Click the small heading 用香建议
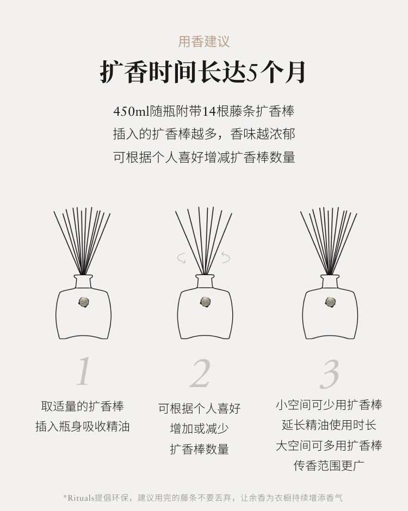click(204, 42)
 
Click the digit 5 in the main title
click(251, 72)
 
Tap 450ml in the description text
click(131, 111)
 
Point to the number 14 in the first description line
click(209, 111)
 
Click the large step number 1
click(83, 371)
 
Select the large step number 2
click(200, 373)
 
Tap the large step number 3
click(330, 374)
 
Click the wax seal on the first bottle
click(84, 302)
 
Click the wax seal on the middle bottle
click(206, 302)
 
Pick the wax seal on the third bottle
click(330, 302)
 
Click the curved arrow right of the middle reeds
click(226, 257)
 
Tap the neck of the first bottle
click(83, 282)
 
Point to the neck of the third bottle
click(330, 282)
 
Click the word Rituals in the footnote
click(81, 497)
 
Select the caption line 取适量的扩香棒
click(83, 406)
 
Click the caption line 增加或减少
click(199, 428)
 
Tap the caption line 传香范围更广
click(329, 465)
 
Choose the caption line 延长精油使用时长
click(329, 425)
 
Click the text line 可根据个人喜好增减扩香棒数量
click(204, 157)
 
